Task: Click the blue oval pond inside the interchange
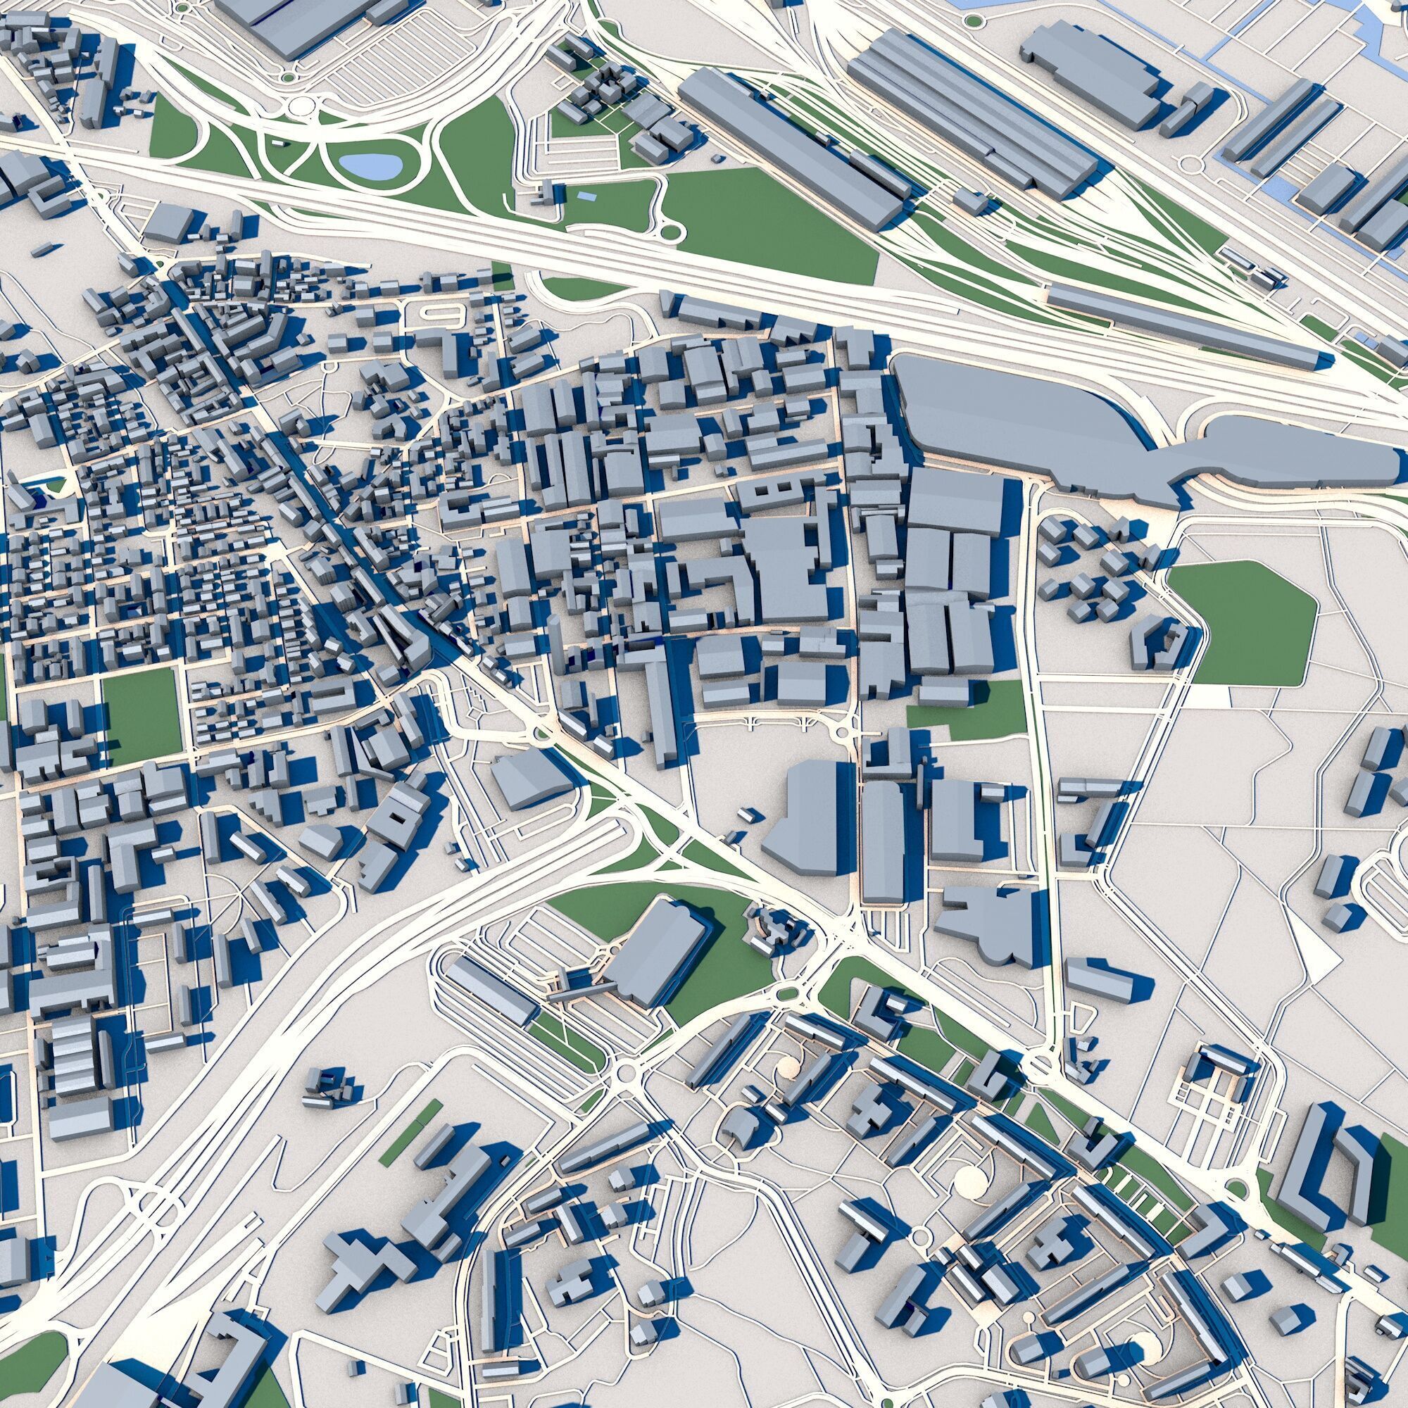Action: (371, 167)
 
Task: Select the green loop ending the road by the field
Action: (670, 232)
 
